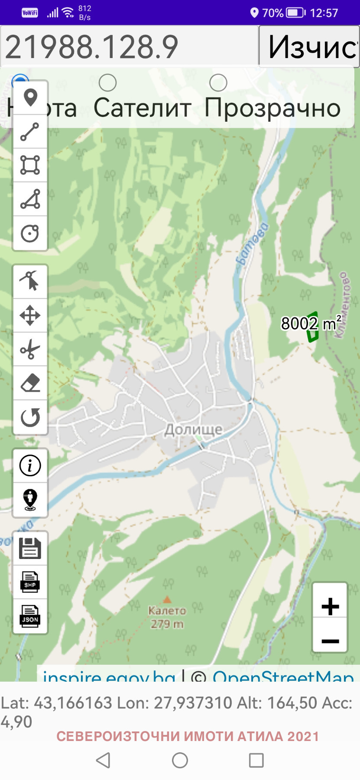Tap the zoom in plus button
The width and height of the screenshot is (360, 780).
coord(330,606)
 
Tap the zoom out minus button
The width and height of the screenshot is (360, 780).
coord(330,640)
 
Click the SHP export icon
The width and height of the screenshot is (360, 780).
coord(30,582)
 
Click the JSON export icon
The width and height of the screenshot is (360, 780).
coord(30,616)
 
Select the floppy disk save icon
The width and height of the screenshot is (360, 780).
coord(30,548)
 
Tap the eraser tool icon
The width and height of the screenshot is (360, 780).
coord(30,383)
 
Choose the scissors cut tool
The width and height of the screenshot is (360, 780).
coord(30,349)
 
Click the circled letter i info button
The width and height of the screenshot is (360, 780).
coord(30,466)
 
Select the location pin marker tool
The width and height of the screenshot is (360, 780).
coord(30,97)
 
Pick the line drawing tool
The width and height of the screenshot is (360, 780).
coord(30,132)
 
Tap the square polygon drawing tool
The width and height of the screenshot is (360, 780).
coord(30,165)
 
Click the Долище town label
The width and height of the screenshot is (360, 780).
coord(193,429)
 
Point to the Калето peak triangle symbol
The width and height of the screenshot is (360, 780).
coord(167,600)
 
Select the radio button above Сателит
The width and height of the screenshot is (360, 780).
coord(107,83)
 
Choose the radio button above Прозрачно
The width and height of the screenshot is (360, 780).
coord(218,83)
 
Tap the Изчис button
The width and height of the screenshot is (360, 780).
coord(309,46)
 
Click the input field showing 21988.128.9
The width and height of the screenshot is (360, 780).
coord(129,46)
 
